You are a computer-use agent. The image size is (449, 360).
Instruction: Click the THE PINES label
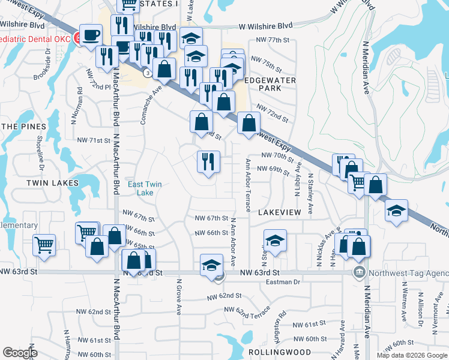(23, 127)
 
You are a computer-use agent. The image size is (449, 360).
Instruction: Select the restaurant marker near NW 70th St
(208, 161)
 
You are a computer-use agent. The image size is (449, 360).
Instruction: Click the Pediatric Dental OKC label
(36, 38)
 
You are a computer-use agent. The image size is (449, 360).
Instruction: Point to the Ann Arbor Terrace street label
(247, 185)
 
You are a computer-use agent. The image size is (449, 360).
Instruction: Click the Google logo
(20, 353)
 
